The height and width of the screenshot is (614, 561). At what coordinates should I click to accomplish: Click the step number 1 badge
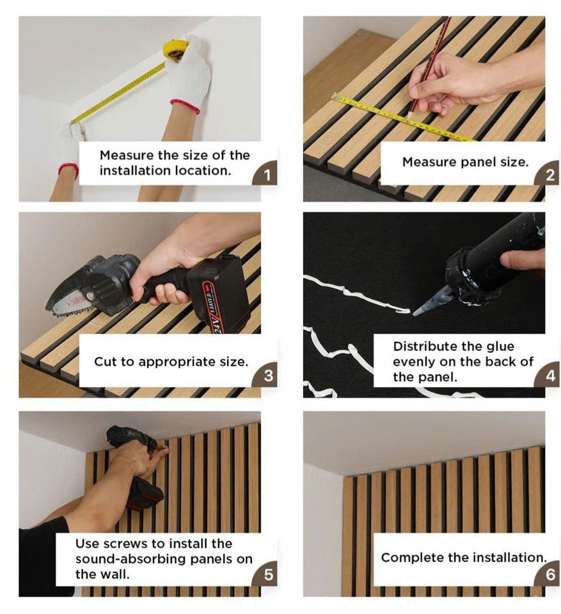click(266, 173)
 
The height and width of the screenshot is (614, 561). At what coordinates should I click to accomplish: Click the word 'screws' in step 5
click(125, 544)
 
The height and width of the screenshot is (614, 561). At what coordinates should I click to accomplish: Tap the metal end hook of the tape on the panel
click(336, 96)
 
